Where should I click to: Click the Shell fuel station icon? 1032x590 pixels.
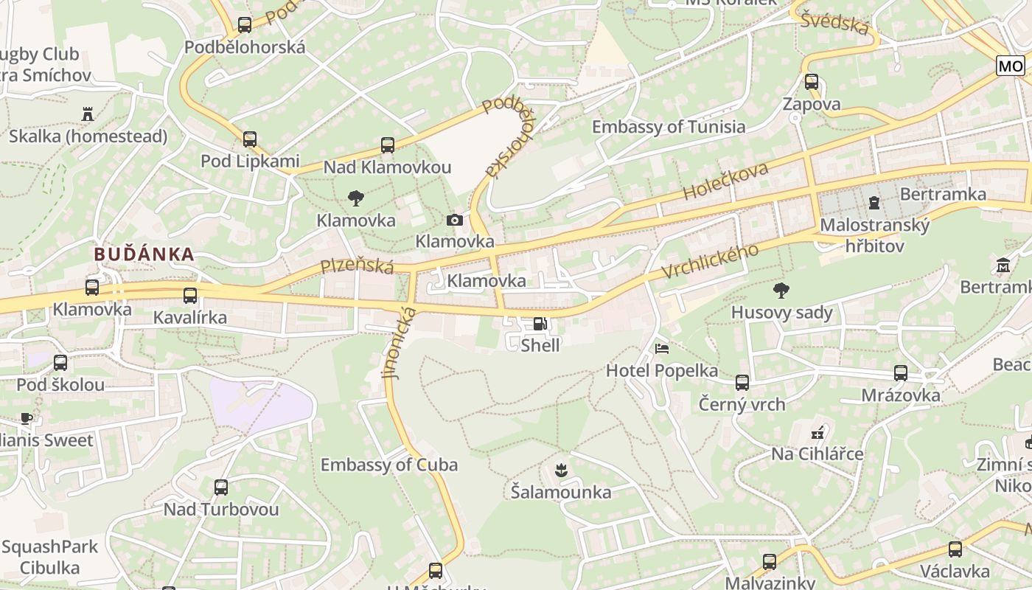click(x=540, y=323)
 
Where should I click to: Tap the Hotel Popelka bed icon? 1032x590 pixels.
click(x=662, y=348)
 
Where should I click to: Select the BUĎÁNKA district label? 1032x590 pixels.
click(x=144, y=254)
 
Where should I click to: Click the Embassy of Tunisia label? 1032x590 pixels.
click(x=669, y=127)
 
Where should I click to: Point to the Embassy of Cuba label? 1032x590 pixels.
click(x=388, y=465)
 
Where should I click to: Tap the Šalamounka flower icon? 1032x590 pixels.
click(x=560, y=469)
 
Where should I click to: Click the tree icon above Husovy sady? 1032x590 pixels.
click(x=781, y=291)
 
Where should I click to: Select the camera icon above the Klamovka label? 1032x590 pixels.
click(x=455, y=220)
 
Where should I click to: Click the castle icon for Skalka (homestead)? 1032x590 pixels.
click(x=88, y=114)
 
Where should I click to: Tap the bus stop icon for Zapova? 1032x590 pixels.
click(x=812, y=82)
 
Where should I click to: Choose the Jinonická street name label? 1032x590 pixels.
click(x=399, y=344)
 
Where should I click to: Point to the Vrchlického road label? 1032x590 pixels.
click(x=710, y=262)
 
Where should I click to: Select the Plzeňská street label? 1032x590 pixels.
click(x=358, y=266)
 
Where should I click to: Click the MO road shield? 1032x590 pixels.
click(x=1010, y=66)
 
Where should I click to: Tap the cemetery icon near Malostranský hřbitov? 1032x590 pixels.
click(x=874, y=201)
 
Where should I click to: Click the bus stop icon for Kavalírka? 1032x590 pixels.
click(x=190, y=296)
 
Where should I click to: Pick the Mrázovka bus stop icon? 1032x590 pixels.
click(x=901, y=373)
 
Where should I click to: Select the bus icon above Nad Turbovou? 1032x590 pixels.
click(x=221, y=487)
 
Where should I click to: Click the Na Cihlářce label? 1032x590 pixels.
click(x=817, y=454)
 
